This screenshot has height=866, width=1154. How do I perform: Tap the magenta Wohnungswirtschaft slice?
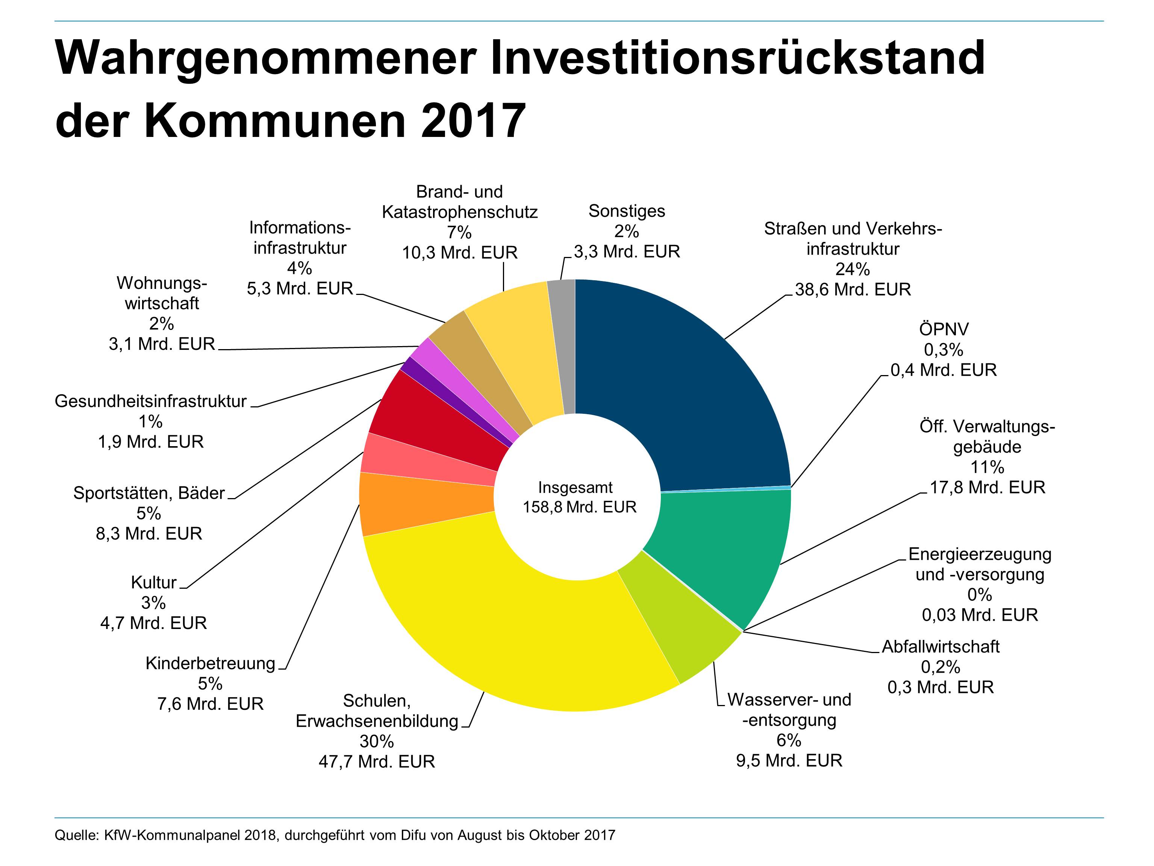click(x=428, y=350)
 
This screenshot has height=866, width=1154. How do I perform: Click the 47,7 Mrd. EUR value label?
click(x=377, y=761)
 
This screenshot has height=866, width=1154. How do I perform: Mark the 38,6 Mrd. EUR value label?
click(x=853, y=289)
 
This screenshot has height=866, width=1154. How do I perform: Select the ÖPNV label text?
click(x=944, y=330)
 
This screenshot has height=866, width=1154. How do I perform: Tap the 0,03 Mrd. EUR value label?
click(x=980, y=615)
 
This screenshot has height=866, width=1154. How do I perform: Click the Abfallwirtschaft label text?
click(x=940, y=647)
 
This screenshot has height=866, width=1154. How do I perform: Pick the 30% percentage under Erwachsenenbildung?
click(x=377, y=741)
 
